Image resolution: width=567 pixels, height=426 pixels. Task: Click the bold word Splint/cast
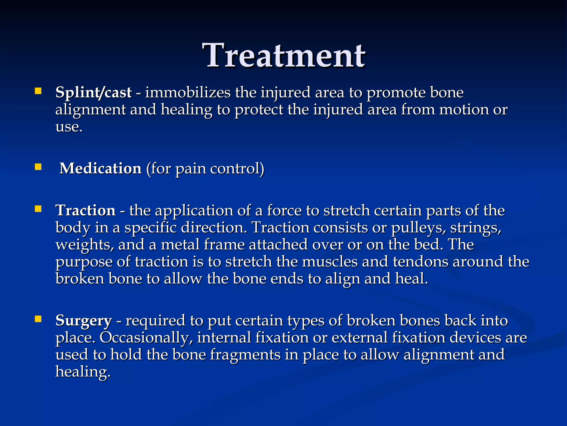(x=93, y=92)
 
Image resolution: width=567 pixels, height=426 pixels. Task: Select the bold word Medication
(x=100, y=168)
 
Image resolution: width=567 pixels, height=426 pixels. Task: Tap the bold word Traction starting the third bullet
(x=85, y=210)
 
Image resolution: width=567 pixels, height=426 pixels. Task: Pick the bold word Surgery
(x=83, y=321)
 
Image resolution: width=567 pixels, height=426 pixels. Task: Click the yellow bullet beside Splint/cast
(x=38, y=91)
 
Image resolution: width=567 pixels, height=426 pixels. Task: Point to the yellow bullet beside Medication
(x=38, y=167)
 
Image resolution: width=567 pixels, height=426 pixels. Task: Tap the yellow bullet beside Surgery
(x=38, y=319)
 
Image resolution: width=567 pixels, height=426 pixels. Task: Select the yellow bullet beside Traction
(x=38, y=209)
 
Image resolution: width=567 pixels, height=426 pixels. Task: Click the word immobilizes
(x=188, y=92)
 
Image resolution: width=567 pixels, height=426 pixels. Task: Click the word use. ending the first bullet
(x=69, y=127)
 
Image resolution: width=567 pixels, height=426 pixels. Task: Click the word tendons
(x=420, y=262)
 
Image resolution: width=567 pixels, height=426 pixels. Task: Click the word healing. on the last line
(x=83, y=372)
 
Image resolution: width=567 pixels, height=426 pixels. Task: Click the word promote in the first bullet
(x=396, y=93)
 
